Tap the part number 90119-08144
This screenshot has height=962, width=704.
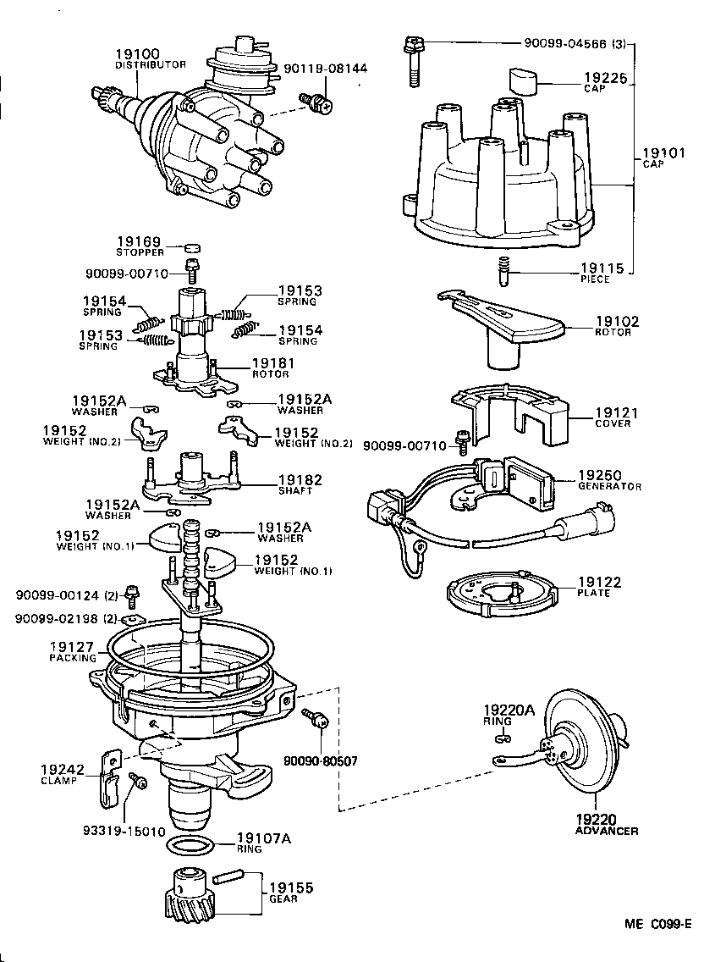pos(325,69)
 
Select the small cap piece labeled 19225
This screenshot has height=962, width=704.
pos(523,83)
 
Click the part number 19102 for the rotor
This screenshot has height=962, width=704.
pos(617,322)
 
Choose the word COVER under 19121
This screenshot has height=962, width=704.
pos(613,423)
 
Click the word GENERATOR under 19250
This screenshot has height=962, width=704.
pos(609,487)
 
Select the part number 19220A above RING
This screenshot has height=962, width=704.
pos(509,710)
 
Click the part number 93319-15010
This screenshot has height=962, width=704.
pos(124,831)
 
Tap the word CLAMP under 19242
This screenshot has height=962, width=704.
pos(58,781)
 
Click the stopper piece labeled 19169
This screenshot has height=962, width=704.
pos(194,248)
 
